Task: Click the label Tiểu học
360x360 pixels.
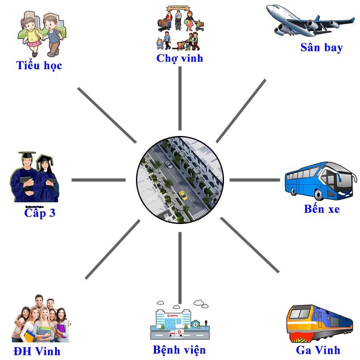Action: (39, 66)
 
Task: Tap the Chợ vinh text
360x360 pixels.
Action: (180, 58)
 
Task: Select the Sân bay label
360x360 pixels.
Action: (322, 48)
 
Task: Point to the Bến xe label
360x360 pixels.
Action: (322, 209)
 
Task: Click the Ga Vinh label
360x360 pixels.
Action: (318, 350)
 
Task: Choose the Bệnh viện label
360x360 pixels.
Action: (179, 350)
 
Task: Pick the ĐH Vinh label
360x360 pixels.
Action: (37, 351)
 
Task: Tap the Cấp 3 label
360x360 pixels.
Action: (40, 213)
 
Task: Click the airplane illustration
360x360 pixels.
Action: (310, 21)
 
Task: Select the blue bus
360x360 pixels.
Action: (321, 181)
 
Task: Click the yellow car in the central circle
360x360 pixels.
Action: (182, 195)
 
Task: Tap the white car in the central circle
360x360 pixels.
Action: (169, 165)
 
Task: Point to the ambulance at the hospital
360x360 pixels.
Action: (176, 333)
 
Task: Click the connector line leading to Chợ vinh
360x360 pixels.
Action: (180, 98)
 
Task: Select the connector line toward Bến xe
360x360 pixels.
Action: (255, 180)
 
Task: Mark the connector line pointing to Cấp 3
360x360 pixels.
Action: (98, 180)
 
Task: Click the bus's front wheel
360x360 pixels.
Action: (319, 195)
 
